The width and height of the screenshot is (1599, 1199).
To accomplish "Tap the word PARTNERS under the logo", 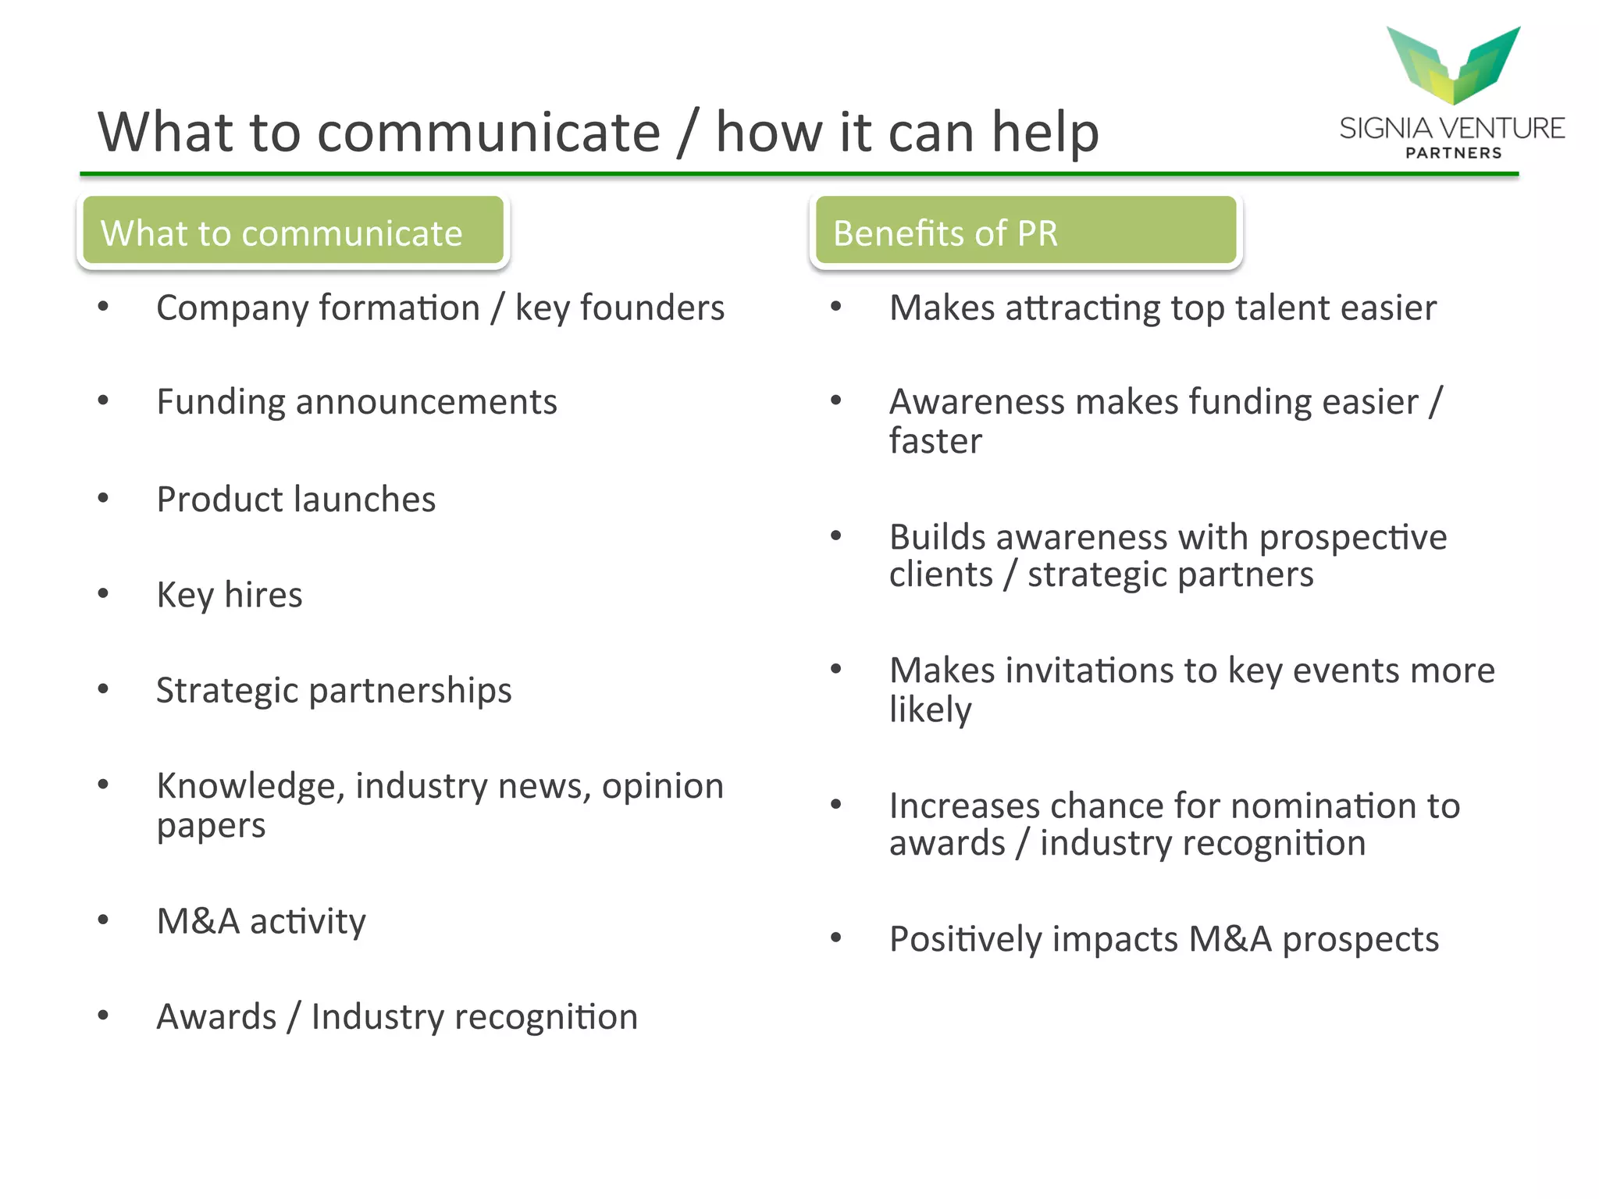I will (1453, 153).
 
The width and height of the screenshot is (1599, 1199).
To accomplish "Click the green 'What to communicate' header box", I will (293, 231).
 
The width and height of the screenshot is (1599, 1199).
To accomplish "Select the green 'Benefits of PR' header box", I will (1025, 231).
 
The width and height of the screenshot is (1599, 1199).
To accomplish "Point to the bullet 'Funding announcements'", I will (357, 403).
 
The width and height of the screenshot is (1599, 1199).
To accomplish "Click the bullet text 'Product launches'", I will (296, 500).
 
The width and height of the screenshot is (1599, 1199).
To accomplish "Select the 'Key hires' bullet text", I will (229, 595).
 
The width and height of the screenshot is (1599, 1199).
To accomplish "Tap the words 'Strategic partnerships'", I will (333, 691).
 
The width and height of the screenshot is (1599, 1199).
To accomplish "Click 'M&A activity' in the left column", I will (261, 922).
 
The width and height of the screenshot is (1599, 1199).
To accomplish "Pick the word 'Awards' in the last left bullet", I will (216, 1017).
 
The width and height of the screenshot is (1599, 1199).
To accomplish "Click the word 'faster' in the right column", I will (935, 441).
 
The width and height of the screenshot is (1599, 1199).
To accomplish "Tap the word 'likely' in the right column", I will (930, 710).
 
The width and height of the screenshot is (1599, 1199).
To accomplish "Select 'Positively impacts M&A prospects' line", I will (1163, 940).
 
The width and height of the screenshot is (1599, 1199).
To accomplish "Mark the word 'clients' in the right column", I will (941, 575).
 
